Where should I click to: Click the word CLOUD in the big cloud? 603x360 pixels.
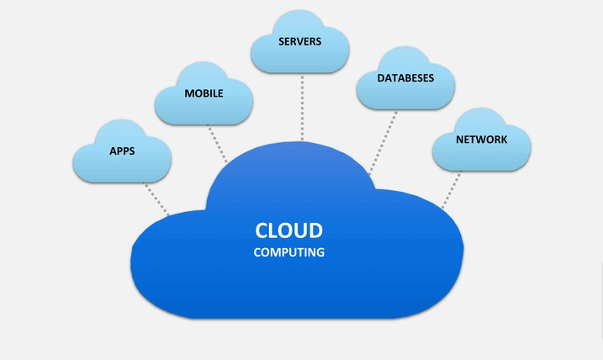point(289,230)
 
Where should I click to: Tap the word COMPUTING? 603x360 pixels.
point(289,251)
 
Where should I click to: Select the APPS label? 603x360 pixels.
point(123,152)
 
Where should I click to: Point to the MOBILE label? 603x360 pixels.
point(204,93)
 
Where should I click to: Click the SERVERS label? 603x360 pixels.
point(300,41)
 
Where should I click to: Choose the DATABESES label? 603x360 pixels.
point(405,77)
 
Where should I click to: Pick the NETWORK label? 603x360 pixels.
point(481,139)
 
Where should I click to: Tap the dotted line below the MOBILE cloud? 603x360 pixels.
point(219,143)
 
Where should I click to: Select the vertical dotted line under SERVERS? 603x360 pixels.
point(301,105)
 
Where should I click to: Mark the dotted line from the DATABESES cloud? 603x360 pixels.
point(383,140)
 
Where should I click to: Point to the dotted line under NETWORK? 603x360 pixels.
point(452,188)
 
